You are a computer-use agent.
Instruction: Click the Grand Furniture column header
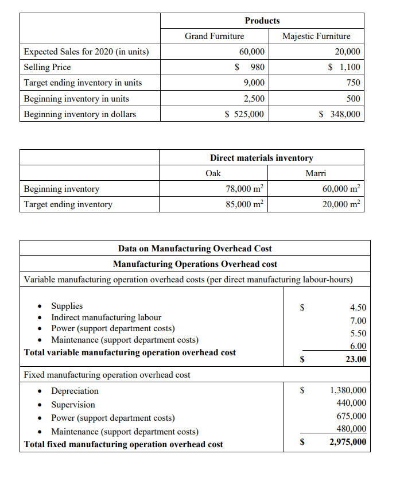coord(214,36)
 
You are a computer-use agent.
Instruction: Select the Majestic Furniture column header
coord(316,36)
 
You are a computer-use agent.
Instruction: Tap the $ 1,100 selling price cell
coord(344,67)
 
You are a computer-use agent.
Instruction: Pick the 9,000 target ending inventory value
coord(254,83)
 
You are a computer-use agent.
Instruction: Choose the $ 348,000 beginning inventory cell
coord(340,114)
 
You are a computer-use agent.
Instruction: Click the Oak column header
coord(213,173)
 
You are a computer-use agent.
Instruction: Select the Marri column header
coord(316,173)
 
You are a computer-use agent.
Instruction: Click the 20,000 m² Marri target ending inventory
coord(343,204)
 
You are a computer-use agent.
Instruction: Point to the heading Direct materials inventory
coord(262,158)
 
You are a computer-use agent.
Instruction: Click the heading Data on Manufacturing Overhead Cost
coord(195,249)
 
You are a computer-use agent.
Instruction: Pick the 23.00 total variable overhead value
coord(355,359)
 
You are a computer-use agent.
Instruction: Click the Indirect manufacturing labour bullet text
coord(106,317)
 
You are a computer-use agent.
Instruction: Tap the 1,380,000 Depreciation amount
coord(348,391)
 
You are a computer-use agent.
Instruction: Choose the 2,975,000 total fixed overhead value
coord(348,442)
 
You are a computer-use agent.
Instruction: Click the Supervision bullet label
coord(73,405)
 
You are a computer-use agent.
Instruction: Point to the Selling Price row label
coord(48,67)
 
